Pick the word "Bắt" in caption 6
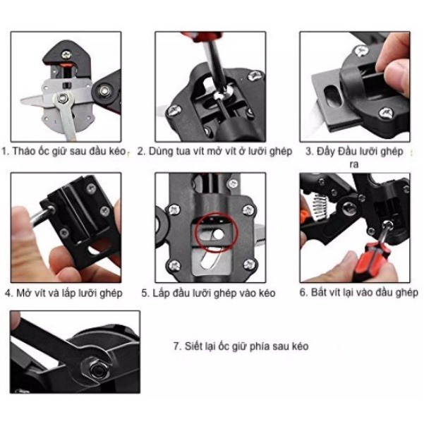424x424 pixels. point(318,292)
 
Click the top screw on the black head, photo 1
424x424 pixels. point(66,55)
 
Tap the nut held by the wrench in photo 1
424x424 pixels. point(63,98)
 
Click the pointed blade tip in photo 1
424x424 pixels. point(23,101)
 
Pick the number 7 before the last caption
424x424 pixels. point(177,346)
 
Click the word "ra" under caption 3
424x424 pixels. point(353,164)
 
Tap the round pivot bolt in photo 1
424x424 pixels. point(104,90)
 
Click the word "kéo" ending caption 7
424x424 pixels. point(301,346)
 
